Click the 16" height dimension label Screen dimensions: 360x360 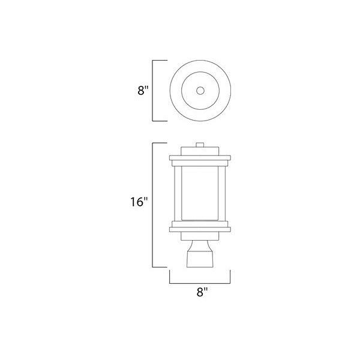click(x=137, y=202)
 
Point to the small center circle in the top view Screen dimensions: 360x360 click(x=200, y=91)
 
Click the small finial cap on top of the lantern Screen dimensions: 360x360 click(x=200, y=146)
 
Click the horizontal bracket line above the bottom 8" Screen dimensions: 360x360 click(x=200, y=283)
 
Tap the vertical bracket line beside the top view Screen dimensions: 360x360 click(x=154, y=91)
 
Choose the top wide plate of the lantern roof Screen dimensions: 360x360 click(x=200, y=159)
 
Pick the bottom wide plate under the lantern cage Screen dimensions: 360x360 click(x=200, y=227)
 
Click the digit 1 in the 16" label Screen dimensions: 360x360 click(x=132, y=202)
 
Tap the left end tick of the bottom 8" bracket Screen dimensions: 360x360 click(x=170, y=276)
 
